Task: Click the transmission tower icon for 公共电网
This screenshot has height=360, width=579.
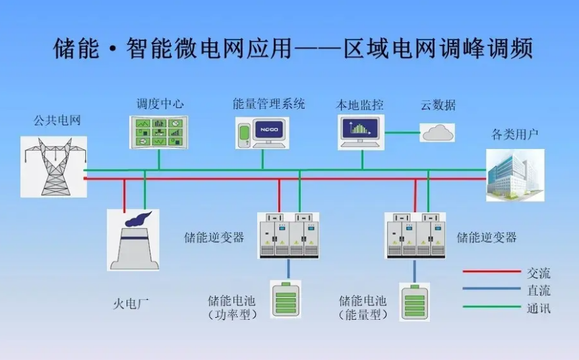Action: (x=53, y=166)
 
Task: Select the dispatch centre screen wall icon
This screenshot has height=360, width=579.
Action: (x=158, y=132)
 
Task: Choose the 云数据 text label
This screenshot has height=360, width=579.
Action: (x=438, y=105)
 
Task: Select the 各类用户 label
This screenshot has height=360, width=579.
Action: (x=515, y=135)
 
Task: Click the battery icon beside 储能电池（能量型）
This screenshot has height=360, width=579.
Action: (x=415, y=301)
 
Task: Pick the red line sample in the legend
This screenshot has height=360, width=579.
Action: (x=491, y=271)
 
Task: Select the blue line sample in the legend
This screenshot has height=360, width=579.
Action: (x=491, y=288)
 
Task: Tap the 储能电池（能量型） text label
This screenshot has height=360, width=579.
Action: (x=363, y=308)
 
